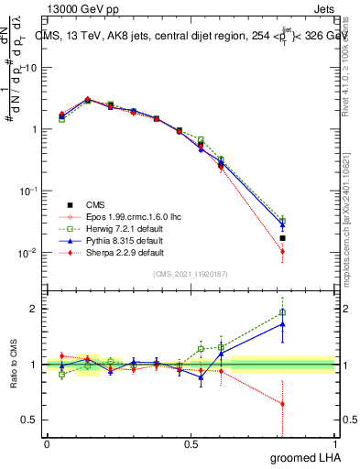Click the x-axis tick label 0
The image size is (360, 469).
47,444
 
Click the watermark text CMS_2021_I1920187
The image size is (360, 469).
191,274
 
